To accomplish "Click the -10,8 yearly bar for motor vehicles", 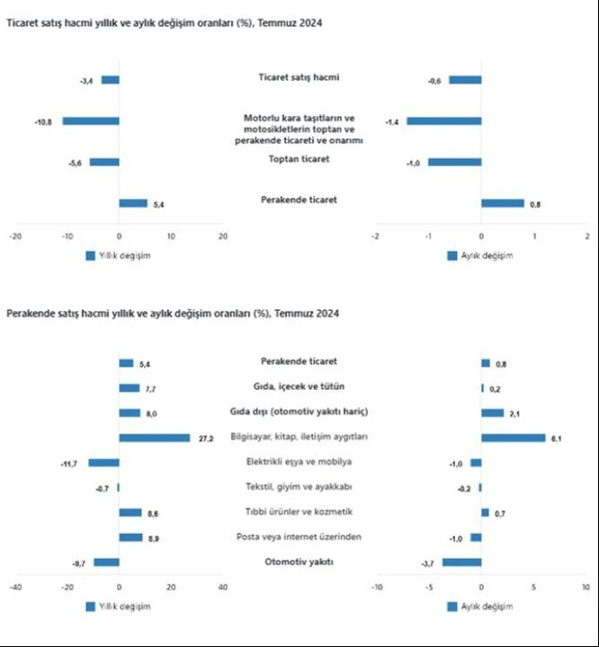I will click(90, 120).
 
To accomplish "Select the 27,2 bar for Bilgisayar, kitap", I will click(155, 438).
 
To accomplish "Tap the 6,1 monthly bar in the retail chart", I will click(513, 438).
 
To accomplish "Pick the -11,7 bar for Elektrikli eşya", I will click(103, 462).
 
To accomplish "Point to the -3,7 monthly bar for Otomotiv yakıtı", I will click(461, 563).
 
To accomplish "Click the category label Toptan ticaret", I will click(299, 159).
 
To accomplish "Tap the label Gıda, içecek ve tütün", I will click(299, 386).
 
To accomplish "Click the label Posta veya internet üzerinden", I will click(299, 536).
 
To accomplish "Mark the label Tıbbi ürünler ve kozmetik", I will click(299, 511).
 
